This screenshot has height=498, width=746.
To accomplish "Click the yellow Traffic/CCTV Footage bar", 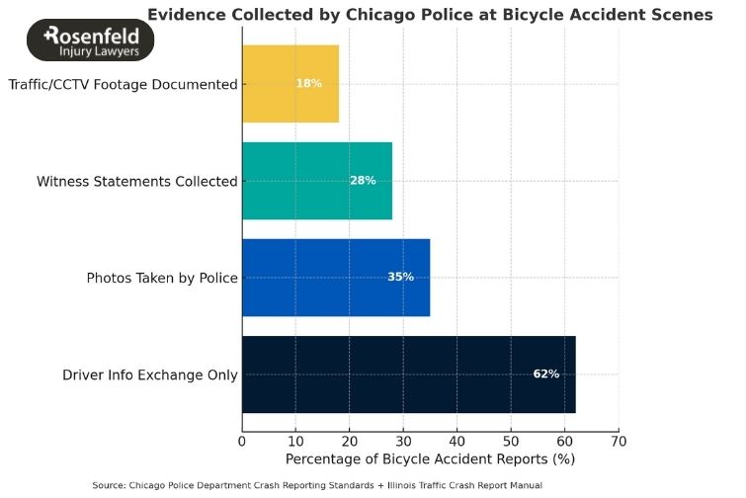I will [x=290, y=84].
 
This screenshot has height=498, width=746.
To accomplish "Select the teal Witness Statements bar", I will [x=316, y=181].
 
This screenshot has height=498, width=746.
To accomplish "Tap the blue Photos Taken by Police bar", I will [x=335, y=278].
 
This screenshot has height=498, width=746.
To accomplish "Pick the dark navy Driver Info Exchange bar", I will [x=408, y=374].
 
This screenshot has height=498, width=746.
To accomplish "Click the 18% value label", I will [x=309, y=84].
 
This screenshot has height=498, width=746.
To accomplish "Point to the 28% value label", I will [x=363, y=181].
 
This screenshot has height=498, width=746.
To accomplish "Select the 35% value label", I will [x=400, y=278].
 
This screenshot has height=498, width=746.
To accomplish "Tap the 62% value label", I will [x=545, y=374].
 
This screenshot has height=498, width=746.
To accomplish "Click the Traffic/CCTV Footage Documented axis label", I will [x=123, y=85].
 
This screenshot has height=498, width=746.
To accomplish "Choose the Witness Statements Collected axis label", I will [x=137, y=182].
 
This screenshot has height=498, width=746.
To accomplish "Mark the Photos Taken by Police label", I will [x=162, y=279].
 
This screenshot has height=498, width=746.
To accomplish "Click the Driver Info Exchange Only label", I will [x=150, y=375].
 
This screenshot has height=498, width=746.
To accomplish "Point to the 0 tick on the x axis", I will [x=242, y=441].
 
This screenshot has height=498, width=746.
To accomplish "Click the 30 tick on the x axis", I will [x=403, y=441].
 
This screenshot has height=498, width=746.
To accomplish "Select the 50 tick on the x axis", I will [x=511, y=441].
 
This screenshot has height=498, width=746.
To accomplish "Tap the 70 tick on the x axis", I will [x=619, y=441].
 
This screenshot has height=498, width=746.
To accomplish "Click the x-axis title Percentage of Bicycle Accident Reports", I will [x=430, y=459].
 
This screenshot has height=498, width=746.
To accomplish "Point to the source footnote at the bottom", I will [x=317, y=485].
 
